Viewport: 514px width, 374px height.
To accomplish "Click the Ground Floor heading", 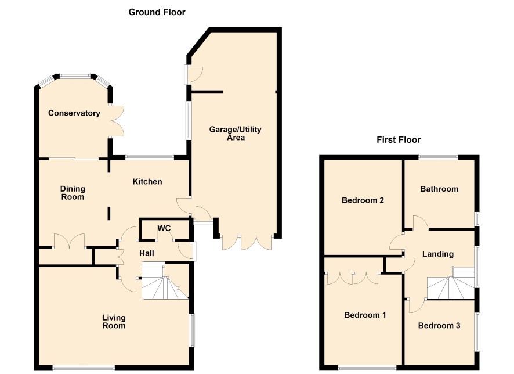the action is [x=157, y=12].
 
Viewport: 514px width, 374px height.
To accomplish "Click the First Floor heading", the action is [x=399, y=140].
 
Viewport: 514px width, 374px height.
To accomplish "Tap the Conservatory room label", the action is [x=74, y=113].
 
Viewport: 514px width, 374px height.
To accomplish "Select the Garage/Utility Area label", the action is [x=236, y=133].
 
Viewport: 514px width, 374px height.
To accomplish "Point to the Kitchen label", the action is [x=147, y=181].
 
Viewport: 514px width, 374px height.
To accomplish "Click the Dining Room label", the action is [x=73, y=193].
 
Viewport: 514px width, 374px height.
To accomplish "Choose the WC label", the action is [x=164, y=228].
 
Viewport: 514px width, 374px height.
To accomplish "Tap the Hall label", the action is [x=147, y=253].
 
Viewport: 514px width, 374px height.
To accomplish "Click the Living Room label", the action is [x=114, y=322].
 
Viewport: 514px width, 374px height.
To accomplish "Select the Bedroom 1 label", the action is [x=365, y=315].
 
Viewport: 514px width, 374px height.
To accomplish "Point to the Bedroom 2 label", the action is [x=363, y=200].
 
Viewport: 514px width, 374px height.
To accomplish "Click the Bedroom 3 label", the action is [x=439, y=325].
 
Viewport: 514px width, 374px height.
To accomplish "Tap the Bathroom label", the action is [x=439, y=189].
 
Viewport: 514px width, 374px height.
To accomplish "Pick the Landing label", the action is [x=437, y=254].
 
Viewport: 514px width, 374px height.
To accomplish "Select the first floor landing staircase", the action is [x=451, y=283].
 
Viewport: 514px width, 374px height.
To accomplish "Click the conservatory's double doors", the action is [x=117, y=121].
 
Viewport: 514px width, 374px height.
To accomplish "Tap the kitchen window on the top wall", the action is [x=150, y=157].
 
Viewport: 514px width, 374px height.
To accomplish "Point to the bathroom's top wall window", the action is [x=438, y=157].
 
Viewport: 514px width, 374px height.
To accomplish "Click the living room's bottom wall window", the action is [x=84, y=368].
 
